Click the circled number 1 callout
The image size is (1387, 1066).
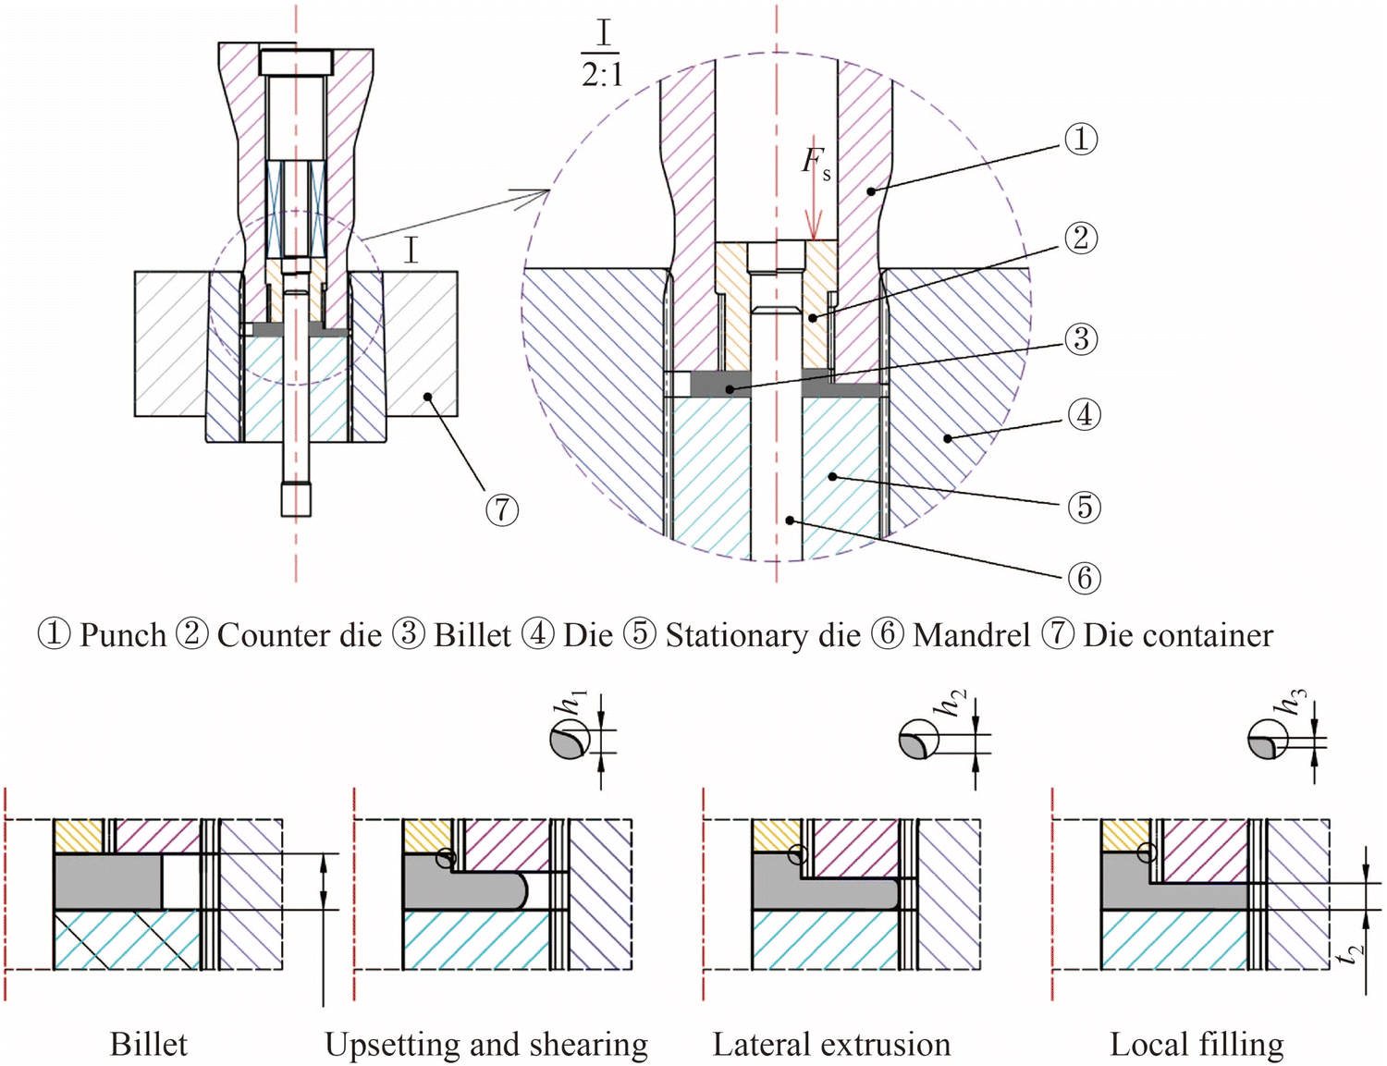coord(1080,140)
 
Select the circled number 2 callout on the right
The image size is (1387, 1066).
coord(1080,239)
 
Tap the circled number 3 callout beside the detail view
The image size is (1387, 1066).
coord(1080,339)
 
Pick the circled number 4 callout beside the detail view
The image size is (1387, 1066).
coord(1084,414)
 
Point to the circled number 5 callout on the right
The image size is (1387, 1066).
coord(1084,507)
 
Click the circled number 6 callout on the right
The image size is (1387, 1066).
coord(1084,578)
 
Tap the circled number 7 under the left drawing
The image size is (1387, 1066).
coord(502,509)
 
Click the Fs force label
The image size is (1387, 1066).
coord(816,163)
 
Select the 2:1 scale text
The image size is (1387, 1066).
coord(602,74)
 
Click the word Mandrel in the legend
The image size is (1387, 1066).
coord(971,636)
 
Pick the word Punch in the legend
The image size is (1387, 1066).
coord(122,636)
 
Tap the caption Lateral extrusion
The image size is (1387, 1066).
coord(831,1045)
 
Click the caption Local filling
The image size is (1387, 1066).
coord(1197,1045)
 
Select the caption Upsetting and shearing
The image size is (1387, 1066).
coord(485,1045)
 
